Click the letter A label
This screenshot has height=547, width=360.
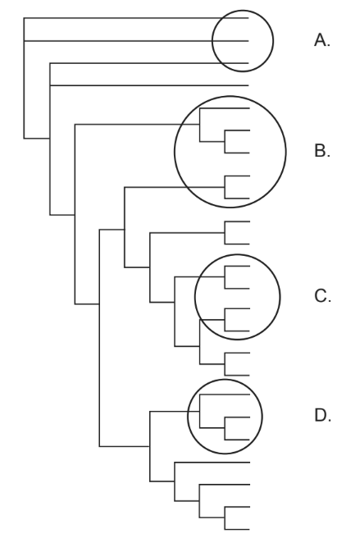coord(321,39)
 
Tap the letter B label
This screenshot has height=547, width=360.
coord(322,151)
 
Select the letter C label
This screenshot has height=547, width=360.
coord(322,296)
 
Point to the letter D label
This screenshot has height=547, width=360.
coord(322,415)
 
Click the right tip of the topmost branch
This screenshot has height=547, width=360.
coord(248,18)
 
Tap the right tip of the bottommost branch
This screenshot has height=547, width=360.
coord(250,530)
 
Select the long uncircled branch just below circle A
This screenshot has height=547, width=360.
coord(149,85)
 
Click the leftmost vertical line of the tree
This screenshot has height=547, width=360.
coord(24,78)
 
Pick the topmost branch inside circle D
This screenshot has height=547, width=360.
coord(225,394)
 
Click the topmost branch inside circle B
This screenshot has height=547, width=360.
coord(225,108)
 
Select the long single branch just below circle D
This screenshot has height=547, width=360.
coord(212,463)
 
